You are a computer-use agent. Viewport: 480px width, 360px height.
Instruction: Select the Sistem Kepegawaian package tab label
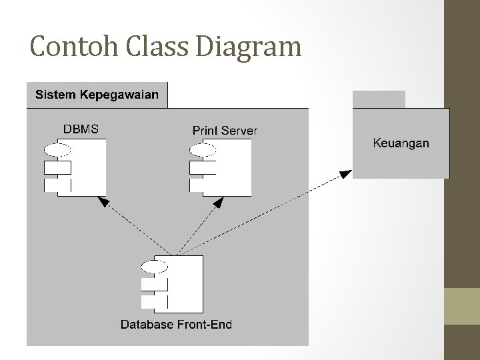[97, 95]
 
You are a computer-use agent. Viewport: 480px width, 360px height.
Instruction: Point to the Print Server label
[225, 130]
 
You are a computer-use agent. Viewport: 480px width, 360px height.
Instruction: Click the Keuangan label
[401, 143]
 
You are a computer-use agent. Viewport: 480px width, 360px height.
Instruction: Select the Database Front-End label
[176, 325]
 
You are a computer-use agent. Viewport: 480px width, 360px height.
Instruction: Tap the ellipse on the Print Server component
[203, 149]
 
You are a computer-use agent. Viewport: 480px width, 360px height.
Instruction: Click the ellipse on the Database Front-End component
[155, 267]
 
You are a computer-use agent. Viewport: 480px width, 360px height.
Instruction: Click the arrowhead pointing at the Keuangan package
[345, 175]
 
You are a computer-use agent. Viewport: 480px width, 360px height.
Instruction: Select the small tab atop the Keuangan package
[379, 99]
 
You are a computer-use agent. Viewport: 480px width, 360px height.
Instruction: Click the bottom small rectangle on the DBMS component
[57, 185]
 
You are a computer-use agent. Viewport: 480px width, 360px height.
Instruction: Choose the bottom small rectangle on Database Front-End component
[155, 301]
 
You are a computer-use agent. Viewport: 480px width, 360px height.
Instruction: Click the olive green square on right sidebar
[462, 307]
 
